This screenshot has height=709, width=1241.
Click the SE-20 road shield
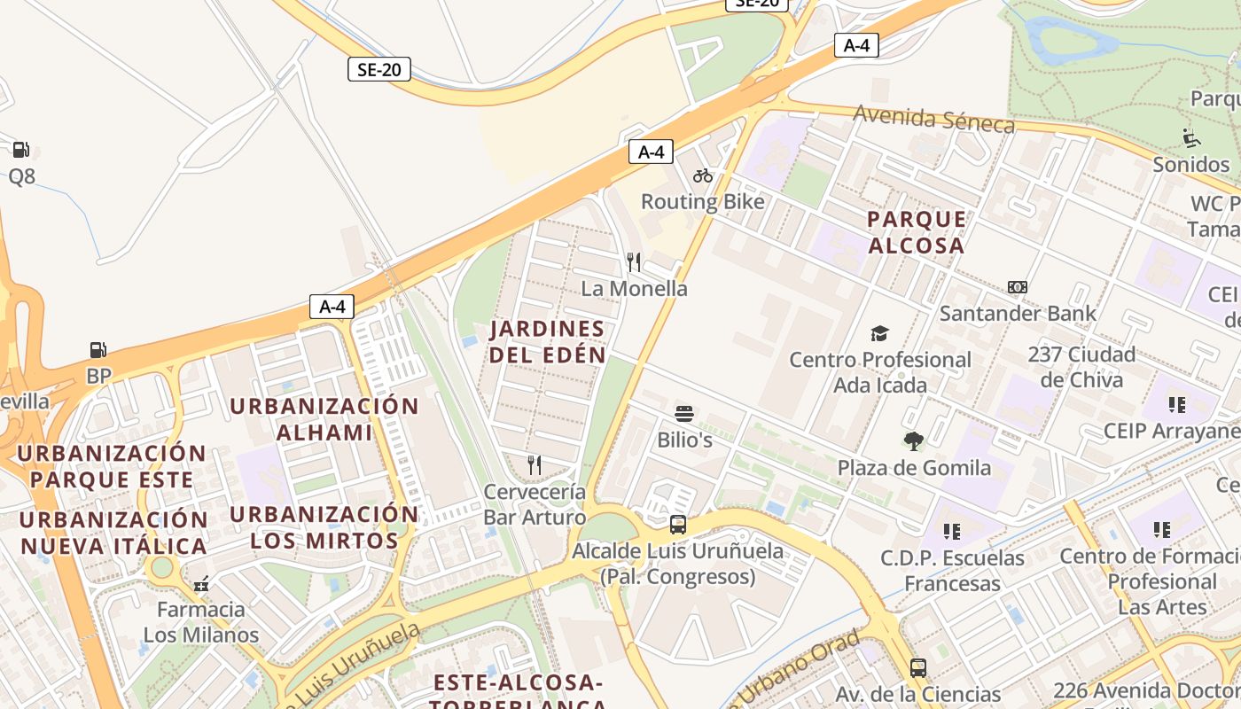pos(379,69)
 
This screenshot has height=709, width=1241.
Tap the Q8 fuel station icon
pos(21,150)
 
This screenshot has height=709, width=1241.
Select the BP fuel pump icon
pos(98,350)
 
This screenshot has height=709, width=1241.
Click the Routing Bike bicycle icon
pos(703,175)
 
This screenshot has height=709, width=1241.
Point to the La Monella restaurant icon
pos(634,261)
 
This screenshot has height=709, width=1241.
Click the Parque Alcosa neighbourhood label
pos(917,232)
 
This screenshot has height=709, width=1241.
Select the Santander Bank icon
pos(1018,287)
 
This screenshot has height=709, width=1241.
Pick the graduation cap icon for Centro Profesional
pos(879,334)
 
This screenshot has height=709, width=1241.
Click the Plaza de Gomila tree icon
pos(913,440)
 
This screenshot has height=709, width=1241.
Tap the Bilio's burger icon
pos(683,413)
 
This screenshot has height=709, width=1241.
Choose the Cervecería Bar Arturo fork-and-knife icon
pos(535,464)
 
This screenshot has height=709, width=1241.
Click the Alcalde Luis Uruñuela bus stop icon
pos(678,524)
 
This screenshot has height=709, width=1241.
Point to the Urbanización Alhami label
pos(324,419)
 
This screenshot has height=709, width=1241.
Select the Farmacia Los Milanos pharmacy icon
pos(201,583)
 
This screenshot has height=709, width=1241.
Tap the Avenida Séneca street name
pos(934,119)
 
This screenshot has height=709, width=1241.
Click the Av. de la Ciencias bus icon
pos(918,667)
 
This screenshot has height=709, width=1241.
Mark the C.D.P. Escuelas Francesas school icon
pos(952,532)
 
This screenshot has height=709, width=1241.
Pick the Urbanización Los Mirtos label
pos(324,527)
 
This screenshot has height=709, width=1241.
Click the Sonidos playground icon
pos(1191,137)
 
